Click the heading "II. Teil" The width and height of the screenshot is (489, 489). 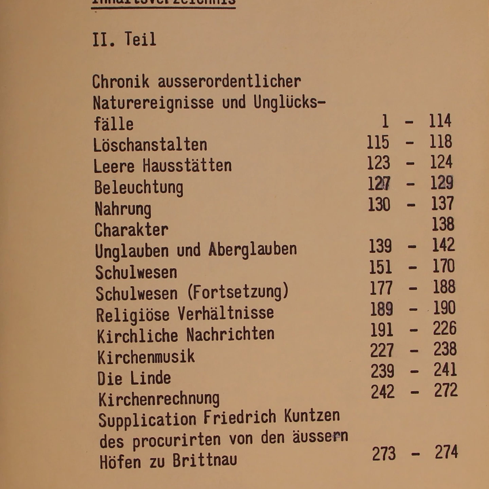[x=124, y=39]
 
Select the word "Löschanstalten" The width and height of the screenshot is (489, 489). [x=150, y=145]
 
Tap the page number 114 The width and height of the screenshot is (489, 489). [x=440, y=121]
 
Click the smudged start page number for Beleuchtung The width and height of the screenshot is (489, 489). [x=379, y=184]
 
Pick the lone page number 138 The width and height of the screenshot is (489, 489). [x=442, y=224]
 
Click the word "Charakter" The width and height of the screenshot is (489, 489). [x=131, y=230]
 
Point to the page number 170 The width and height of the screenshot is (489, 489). [x=443, y=266]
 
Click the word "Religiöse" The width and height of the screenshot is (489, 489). [x=132, y=315]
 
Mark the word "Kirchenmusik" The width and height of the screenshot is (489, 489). [x=146, y=357]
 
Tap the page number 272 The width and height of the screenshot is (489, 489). [x=446, y=391]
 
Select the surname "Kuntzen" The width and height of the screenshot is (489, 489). [x=312, y=416]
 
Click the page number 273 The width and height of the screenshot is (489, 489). [x=384, y=454]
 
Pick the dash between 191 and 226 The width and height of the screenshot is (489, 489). [x=413, y=329]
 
